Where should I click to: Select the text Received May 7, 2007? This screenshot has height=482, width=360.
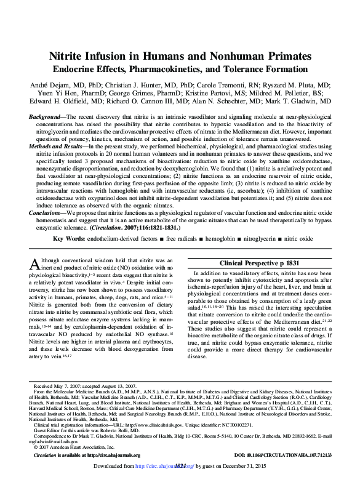(61, 384)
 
